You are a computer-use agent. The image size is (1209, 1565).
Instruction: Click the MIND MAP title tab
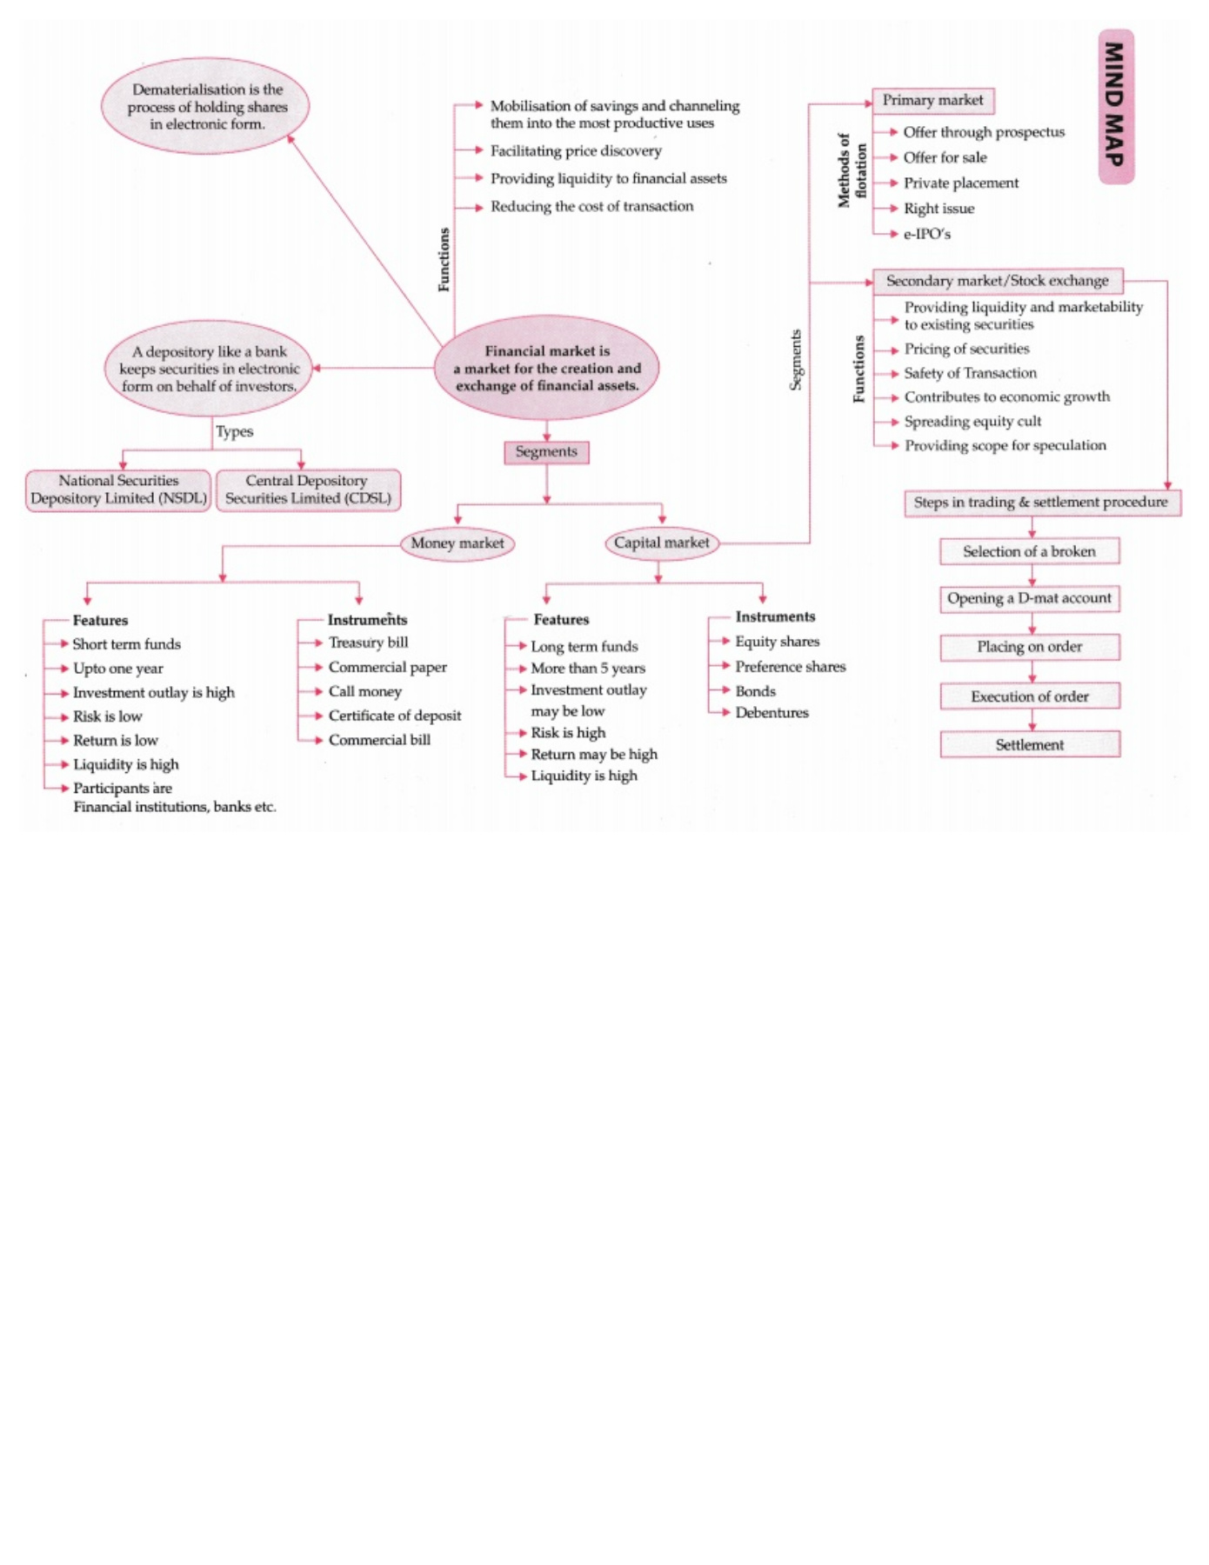[x=1115, y=106]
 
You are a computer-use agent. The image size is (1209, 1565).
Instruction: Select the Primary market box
[x=932, y=101]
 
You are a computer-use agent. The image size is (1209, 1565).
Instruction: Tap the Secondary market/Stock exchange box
[x=997, y=281]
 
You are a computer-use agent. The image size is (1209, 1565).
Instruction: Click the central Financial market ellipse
[x=546, y=368]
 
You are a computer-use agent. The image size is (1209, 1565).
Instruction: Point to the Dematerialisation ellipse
[x=206, y=106]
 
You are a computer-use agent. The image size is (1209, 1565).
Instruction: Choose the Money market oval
[x=457, y=543]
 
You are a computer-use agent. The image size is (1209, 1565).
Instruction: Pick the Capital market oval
[x=661, y=543]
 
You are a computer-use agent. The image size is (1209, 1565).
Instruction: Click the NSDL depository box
[x=118, y=489]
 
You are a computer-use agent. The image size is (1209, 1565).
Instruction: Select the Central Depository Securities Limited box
[x=308, y=489]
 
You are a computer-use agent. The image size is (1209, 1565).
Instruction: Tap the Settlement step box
[x=1029, y=745]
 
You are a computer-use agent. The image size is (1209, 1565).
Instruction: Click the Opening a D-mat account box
[x=1029, y=598]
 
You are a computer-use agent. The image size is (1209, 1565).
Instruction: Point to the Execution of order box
[x=1029, y=696]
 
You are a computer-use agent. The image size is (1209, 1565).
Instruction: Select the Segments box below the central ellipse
[x=546, y=452]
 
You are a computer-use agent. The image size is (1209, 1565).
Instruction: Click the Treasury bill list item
[x=368, y=643]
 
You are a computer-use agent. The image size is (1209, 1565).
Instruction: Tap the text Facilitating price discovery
[x=576, y=151]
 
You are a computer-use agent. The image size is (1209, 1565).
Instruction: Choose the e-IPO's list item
[x=926, y=234]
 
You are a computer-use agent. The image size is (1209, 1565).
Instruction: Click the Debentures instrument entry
[x=771, y=713]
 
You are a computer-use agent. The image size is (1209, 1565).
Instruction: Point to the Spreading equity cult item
[x=972, y=422]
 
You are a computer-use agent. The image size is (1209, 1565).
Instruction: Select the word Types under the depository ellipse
[x=234, y=431]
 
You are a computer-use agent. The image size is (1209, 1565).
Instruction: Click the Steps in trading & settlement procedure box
[x=1040, y=503]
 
